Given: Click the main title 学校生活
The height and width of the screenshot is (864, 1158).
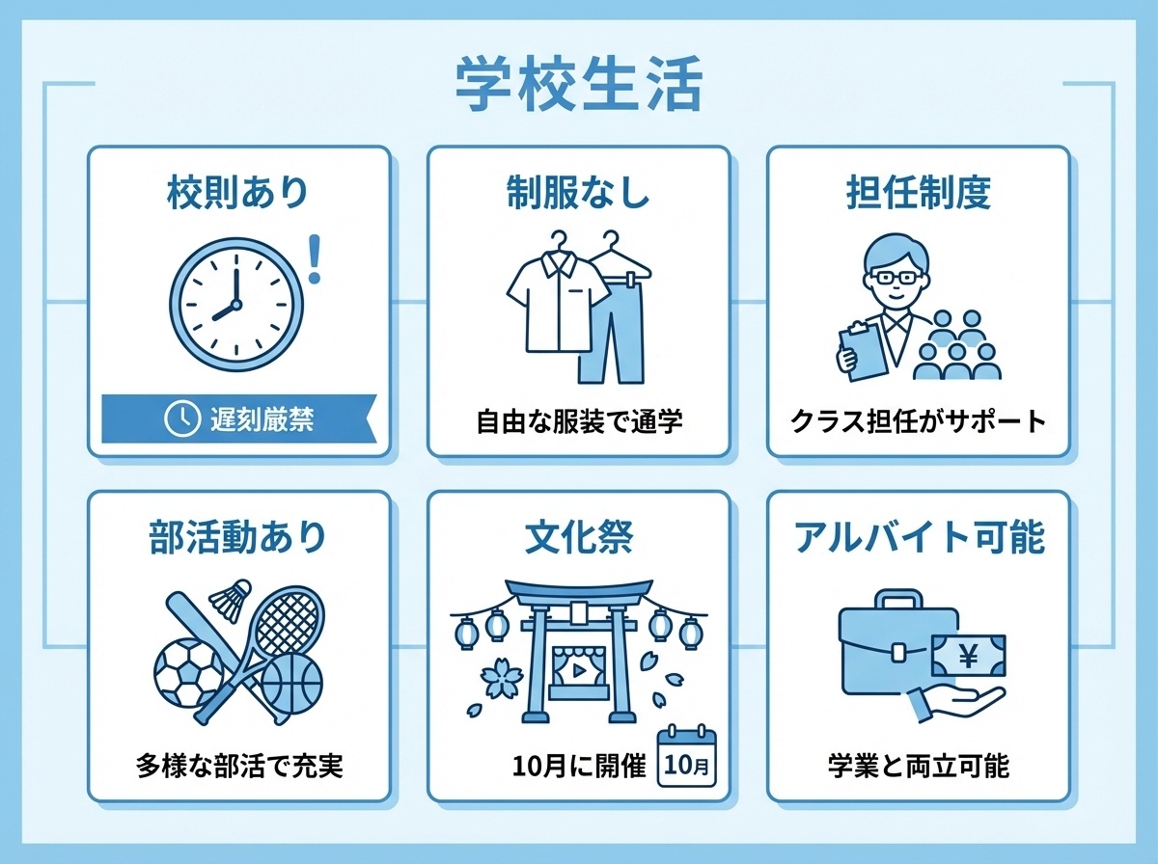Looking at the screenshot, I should tap(578, 88).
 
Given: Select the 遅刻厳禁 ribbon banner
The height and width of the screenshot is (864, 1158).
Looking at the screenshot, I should tap(237, 418).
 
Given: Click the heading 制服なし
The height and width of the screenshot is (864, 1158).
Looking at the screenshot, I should tap(578, 193).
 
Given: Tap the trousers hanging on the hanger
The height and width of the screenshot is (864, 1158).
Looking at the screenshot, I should tap(609, 323).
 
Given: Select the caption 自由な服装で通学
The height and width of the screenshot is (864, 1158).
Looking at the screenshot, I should tap(579, 422).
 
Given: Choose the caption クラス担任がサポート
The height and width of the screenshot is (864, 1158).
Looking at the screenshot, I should tap(918, 422).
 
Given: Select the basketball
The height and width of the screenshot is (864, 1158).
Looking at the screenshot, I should tap(292, 684).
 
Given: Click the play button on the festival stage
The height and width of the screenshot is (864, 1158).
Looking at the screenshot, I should tap(577, 667).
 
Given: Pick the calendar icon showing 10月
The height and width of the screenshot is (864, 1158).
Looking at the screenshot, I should tap(687, 759).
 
